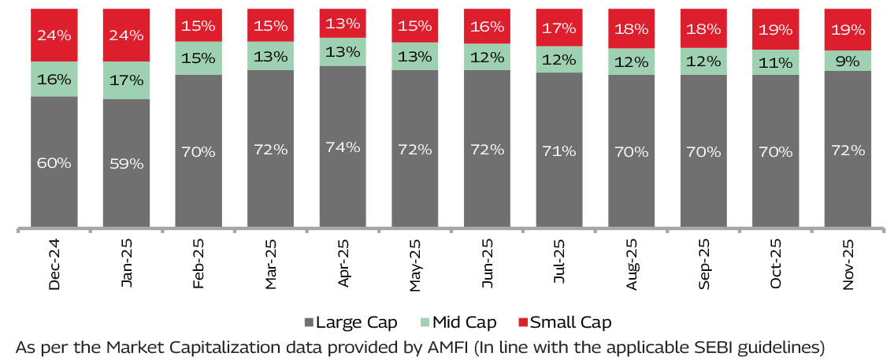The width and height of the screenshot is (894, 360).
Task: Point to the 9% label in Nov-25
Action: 848,61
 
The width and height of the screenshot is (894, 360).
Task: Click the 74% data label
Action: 343,147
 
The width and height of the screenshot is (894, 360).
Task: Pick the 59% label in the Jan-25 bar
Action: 126,164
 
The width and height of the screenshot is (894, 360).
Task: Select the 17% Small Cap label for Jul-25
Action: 559,29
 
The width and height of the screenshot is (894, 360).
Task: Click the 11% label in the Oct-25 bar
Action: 776,65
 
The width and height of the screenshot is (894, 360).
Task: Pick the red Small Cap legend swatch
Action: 522,323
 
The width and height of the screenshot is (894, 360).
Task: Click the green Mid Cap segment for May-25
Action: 415,55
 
